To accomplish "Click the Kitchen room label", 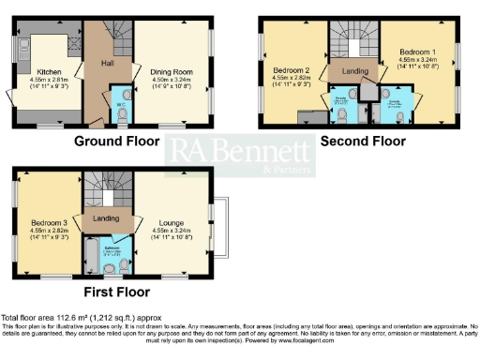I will [x=49, y=71].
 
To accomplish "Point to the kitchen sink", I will [x=20, y=45].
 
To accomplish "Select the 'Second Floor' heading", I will [x=363, y=142].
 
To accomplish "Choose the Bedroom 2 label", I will [x=293, y=70].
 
